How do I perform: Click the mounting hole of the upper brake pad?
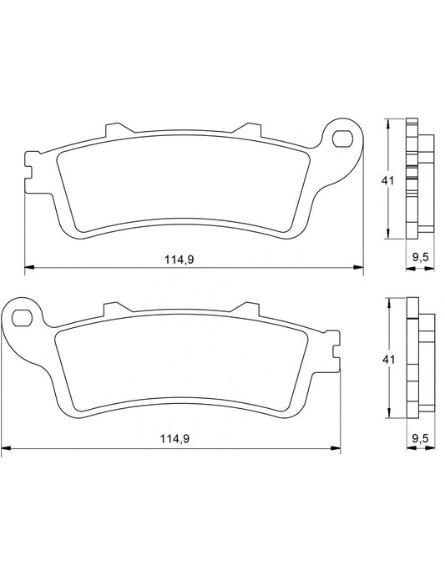point(342,136)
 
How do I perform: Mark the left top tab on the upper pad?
point(114,131)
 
